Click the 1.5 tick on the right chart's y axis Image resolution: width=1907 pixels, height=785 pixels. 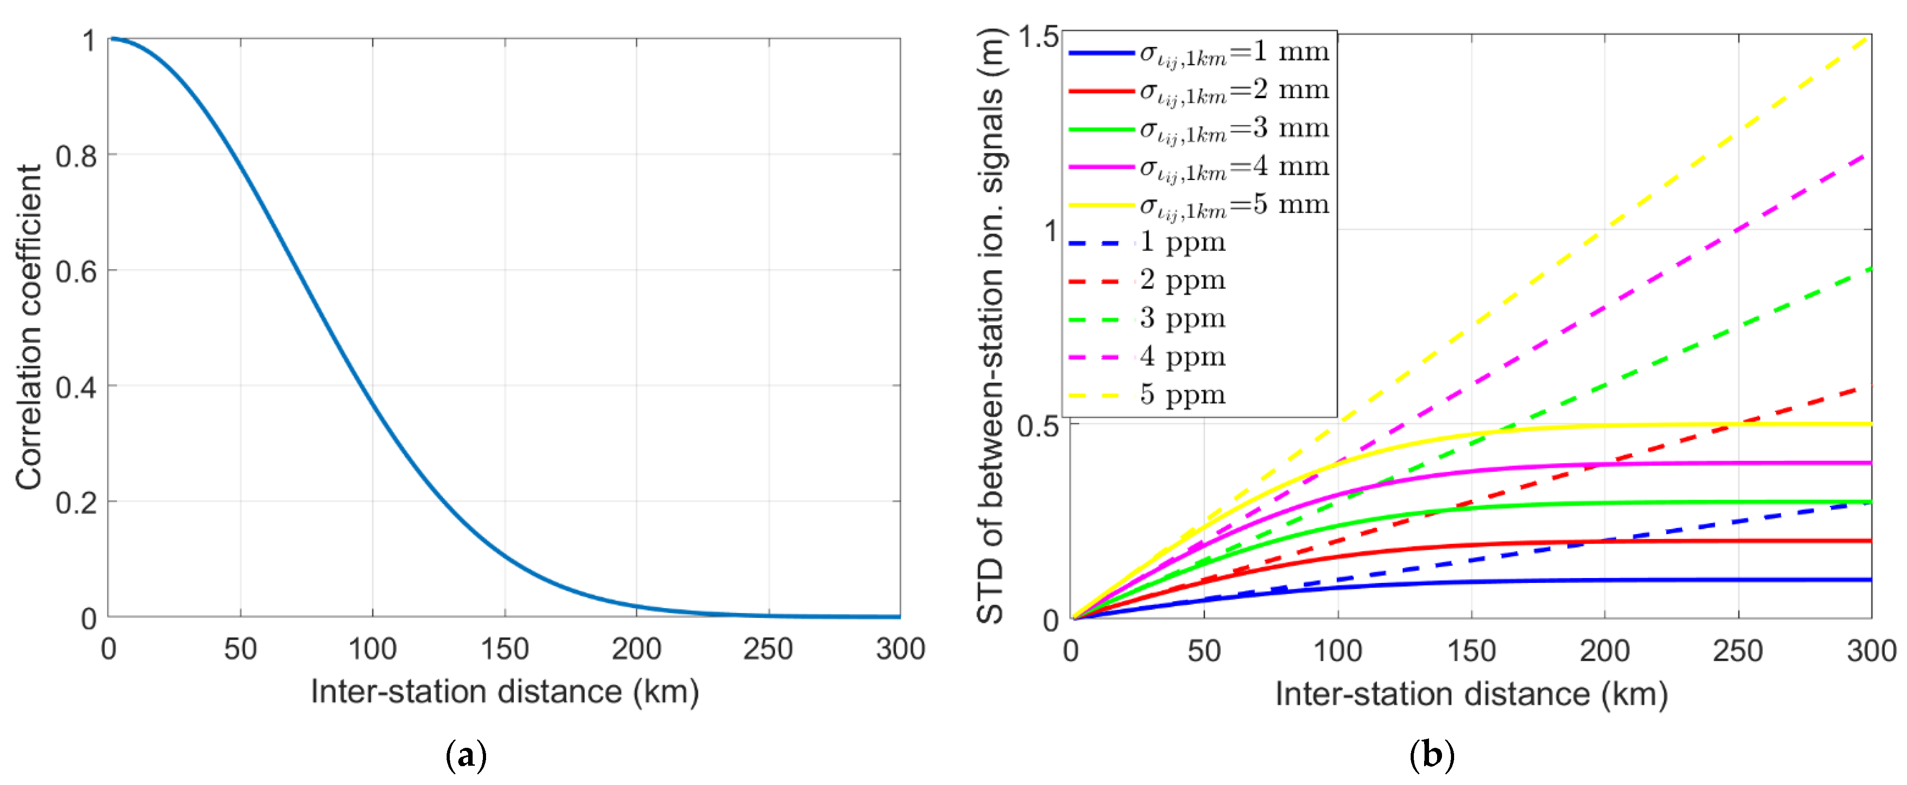[1038, 35]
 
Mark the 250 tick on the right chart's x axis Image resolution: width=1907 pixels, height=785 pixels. [1738, 651]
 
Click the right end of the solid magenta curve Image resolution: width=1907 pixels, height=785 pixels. [1870, 463]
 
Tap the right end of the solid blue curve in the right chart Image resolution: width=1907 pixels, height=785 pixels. [1870, 580]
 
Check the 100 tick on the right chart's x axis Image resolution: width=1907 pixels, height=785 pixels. [1337, 651]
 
